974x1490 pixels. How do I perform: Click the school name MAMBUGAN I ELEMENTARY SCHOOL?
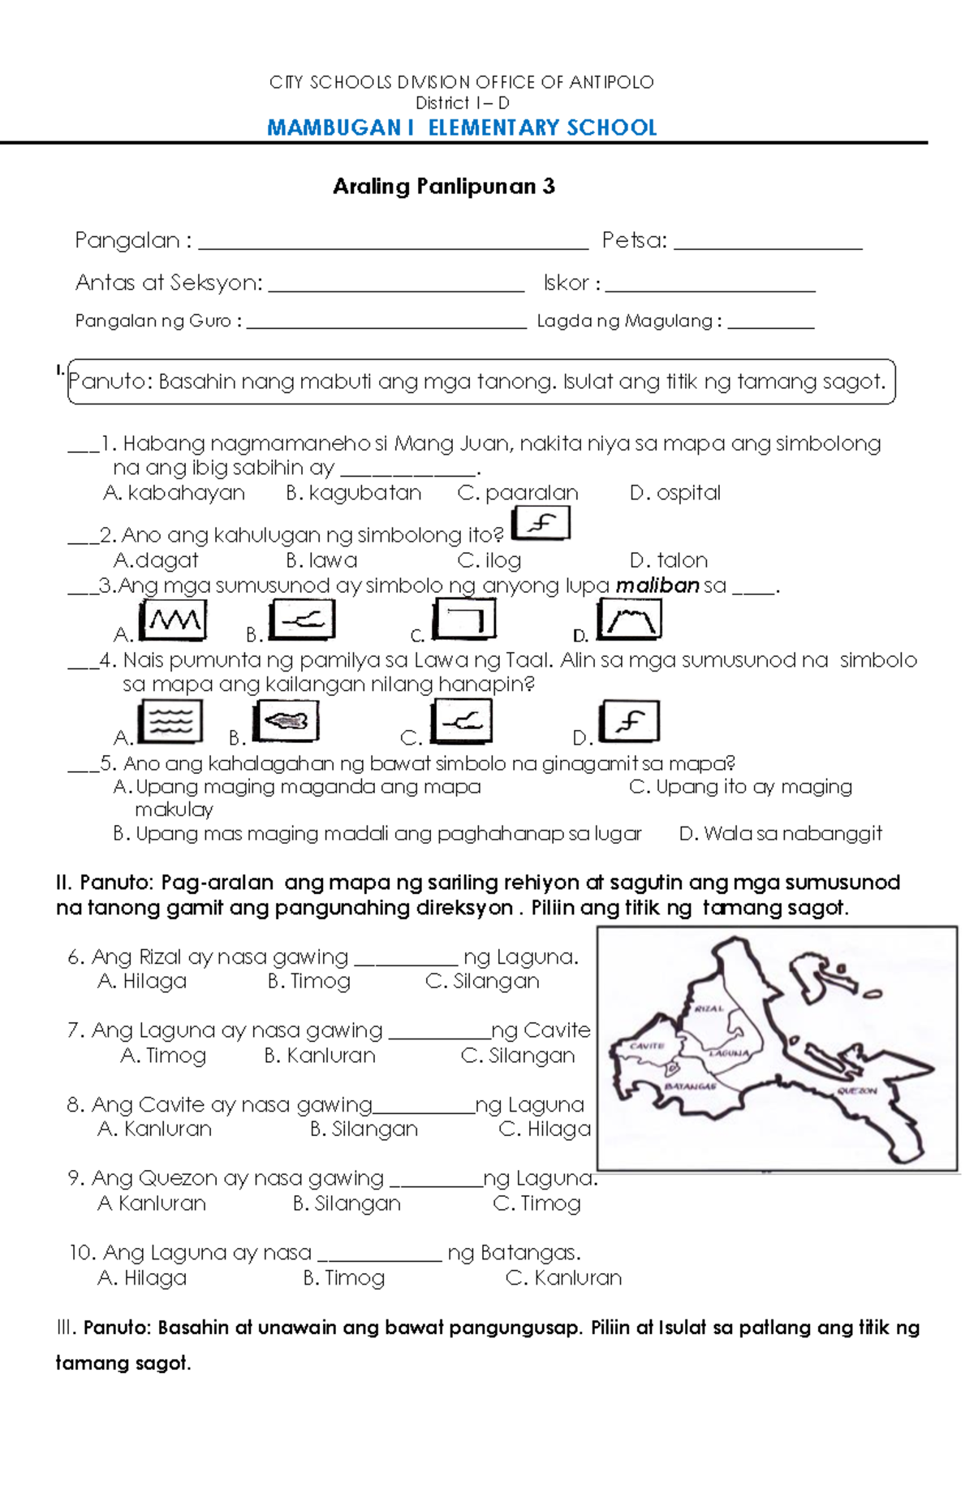462,128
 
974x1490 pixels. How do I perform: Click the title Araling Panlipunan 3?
443,187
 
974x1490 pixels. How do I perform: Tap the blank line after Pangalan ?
393,243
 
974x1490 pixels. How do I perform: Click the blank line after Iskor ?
710,285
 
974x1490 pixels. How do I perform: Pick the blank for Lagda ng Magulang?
770,323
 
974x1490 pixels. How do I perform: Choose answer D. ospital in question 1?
674,493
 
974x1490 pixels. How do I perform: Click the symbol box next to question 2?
541,524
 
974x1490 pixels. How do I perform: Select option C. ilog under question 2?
489,560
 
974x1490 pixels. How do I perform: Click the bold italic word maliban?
657,585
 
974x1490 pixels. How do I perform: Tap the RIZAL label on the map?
709,1008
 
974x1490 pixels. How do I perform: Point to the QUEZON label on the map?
856,1091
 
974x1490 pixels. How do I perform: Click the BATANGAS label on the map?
690,1086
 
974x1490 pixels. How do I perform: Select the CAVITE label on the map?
647,1046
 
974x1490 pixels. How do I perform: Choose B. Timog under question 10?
343,1278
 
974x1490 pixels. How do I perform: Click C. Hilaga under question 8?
545,1129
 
